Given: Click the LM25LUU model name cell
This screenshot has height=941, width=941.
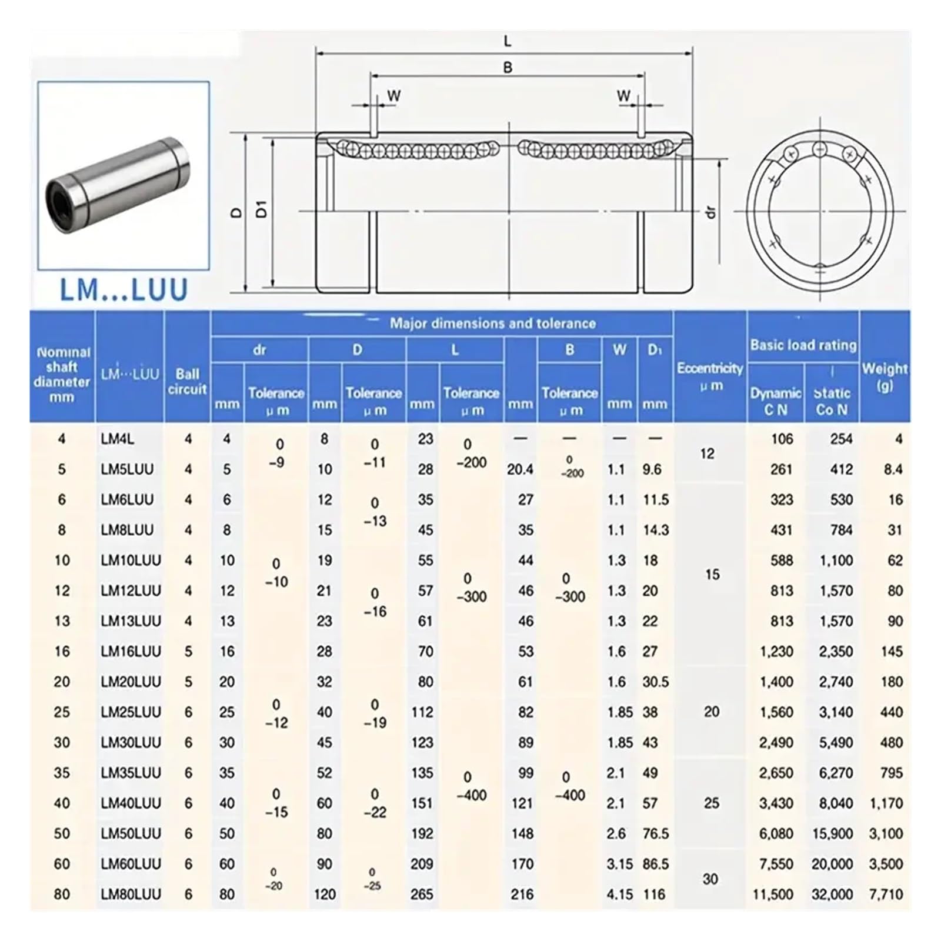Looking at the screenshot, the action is pos(131,712).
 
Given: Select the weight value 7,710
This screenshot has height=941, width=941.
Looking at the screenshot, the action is pos(886,895).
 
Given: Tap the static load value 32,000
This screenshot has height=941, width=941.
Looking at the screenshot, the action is pos(832,895).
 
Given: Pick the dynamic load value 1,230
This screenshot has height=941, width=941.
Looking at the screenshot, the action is pos(776,652).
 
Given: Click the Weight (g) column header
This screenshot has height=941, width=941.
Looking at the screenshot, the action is pos(885,377).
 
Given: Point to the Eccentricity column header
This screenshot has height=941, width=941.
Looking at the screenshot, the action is pos(710,376).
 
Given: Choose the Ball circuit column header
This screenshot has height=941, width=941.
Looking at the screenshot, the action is pos(187,381).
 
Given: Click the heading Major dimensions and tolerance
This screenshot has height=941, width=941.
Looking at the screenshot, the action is pos(492,323).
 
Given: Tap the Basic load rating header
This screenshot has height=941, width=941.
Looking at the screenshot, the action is pos(803,345).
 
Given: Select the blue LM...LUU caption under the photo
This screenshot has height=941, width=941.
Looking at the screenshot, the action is pos(124,290).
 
